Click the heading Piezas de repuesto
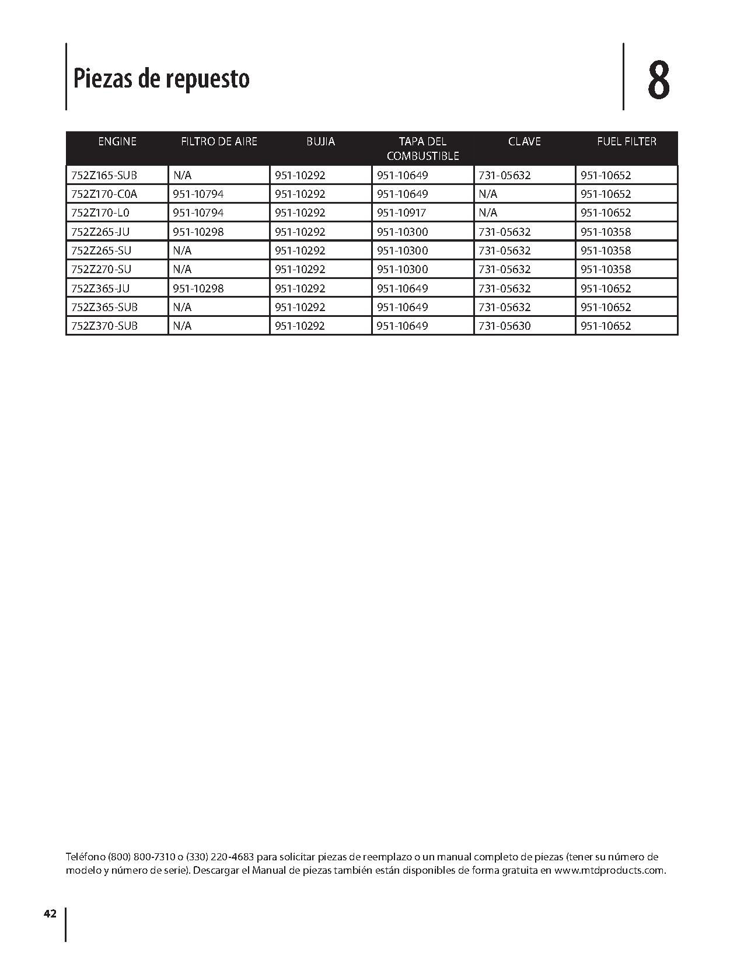pyautogui.click(x=161, y=78)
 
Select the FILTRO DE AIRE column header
pyautogui.click(x=219, y=141)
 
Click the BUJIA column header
pyautogui.click(x=320, y=141)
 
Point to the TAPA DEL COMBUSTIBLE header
pyautogui.click(x=422, y=148)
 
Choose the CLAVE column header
pyautogui.click(x=524, y=141)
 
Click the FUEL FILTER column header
pyautogui.click(x=626, y=141)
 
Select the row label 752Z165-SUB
pyautogui.click(x=104, y=175)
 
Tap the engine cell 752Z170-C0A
pyautogui.click(x=104, y=194)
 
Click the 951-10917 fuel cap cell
pyautogui.click(x=402, y=212)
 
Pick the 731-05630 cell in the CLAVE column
pyautogui.click(x=504, y=326)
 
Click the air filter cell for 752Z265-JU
pyautogui.click(x=198, y=232)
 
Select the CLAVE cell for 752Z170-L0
pyautogui.click(x=488, y=212)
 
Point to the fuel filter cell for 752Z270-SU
pyautogui.click(x=606, y=269)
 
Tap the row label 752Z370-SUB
pyautogui.click(x=104, y=326)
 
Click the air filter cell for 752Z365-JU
pyautogui.click(x=198, y=288)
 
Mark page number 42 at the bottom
pyautogui.click(x=50, y=914)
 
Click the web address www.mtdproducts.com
pyautogui.click(x=609, y=870)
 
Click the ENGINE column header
pyautogui.click(x=117, y=141)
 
